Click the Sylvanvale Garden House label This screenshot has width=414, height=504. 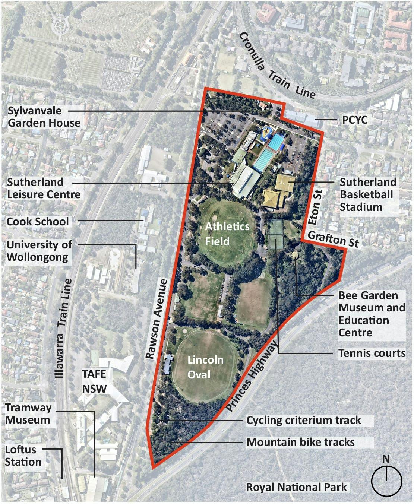coord(44,117)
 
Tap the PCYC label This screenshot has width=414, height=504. coord(354,120)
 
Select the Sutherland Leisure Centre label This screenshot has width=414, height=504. coord(44,188)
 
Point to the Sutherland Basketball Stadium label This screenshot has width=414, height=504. coord(367,194)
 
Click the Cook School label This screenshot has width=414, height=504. coord(38,221)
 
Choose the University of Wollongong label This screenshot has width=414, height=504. coord(39,251)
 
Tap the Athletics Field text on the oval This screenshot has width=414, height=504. coord(227,234)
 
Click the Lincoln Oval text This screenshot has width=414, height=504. coord(205,367)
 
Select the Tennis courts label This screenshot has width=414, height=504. coord(372,353)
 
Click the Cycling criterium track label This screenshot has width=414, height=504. coord(303,420)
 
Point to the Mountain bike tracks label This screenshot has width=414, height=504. coord(300,442)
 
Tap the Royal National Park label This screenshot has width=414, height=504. coord(296,487)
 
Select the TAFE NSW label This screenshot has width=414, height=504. coord(94,381)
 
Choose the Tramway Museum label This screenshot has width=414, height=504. coord(28,413)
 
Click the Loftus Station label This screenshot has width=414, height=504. coord(23,456)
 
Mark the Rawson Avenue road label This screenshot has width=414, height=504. coord(157,319)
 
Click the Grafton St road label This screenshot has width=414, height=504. coord(333,239)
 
